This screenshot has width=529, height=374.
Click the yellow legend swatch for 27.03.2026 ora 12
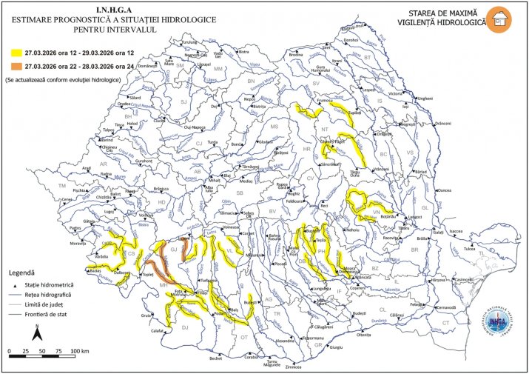point(13,53)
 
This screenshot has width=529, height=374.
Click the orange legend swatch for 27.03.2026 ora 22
point(13,67)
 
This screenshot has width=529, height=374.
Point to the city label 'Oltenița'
point(363,335)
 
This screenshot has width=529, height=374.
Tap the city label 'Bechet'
point(215,358)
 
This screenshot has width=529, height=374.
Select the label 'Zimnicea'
point(294,366)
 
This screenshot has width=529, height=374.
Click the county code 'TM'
point(62,186)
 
